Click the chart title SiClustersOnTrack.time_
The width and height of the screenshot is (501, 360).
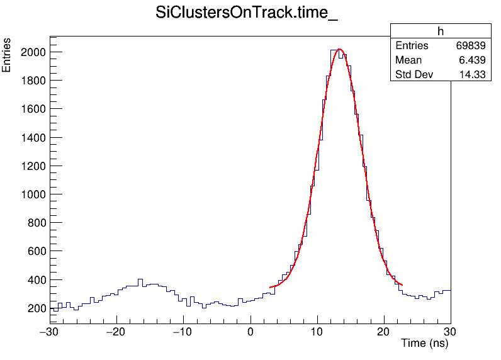247,14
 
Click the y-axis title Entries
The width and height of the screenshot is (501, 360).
7,55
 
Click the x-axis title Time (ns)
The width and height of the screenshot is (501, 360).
425,344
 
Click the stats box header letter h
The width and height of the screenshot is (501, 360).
441,32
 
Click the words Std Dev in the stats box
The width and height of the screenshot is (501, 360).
412,75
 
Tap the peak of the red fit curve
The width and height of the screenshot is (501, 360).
339,49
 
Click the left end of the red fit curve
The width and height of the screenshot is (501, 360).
270,288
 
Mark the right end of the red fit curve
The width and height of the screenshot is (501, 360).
402,285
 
